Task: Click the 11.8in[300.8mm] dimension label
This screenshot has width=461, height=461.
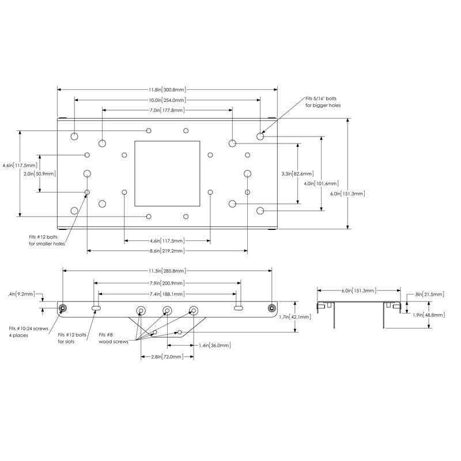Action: click(x=167, y=90)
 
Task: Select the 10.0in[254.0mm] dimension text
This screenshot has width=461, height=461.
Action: click(x=167, y=100)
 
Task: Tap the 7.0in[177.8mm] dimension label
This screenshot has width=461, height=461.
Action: click(x=167, y=110)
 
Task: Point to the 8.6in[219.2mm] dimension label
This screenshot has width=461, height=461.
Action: click(x=167, y=251)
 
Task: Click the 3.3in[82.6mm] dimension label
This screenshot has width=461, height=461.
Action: click(x=297, y=174)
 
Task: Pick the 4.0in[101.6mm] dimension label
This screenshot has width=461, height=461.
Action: click(x=321, y=183)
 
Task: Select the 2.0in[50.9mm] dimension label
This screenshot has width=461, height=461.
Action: click(x=40, y=174)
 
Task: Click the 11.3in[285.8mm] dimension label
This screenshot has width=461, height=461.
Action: click(x=167, y=270)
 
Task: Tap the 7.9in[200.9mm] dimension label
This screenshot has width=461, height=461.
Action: click(x=167, y=283)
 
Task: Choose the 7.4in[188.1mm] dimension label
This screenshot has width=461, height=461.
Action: click(x=167, y=294)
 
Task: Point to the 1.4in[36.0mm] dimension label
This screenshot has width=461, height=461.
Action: click(x=214, y=345)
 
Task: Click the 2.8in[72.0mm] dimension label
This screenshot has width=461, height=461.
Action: click(x=167, y=357)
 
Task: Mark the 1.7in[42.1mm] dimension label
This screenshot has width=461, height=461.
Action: click(x=295, y=318)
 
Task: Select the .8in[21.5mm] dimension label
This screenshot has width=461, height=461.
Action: click(x=429, y=294)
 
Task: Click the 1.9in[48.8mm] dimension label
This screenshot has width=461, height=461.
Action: click(x=429, y=315)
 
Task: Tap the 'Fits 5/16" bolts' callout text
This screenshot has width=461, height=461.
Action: click(x=321, y=99)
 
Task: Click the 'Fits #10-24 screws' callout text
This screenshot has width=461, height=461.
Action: click(x=28, y=328)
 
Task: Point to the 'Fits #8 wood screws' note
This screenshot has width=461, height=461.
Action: click(x=114, y=338)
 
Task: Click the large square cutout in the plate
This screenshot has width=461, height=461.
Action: click(x=167, y=173)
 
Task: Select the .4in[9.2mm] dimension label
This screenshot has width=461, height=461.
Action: click(x=22, y=294)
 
